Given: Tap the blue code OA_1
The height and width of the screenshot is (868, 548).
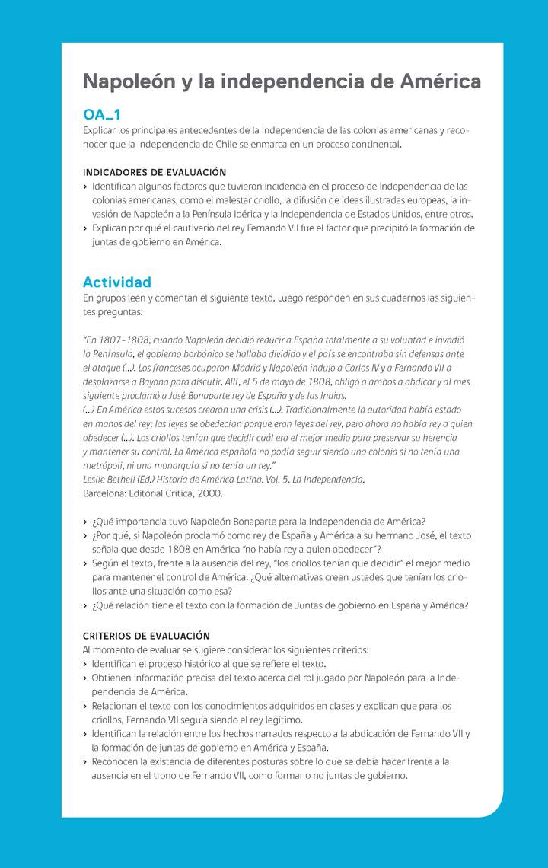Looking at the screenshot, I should coord(101,115).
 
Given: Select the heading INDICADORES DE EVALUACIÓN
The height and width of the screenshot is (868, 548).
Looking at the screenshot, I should coord(155,173).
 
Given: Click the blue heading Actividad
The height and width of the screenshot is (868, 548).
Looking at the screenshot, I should coord(117,282).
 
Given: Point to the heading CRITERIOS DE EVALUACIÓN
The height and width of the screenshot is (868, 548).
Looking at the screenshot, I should coord(146,636).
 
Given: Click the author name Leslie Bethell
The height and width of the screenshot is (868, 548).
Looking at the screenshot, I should coord(109,480).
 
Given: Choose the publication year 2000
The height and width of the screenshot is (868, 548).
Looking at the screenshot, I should coord(211,493).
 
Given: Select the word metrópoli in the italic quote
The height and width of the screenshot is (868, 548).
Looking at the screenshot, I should coord(103,465).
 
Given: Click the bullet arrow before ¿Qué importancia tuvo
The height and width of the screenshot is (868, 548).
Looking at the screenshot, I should coord(85,522).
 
